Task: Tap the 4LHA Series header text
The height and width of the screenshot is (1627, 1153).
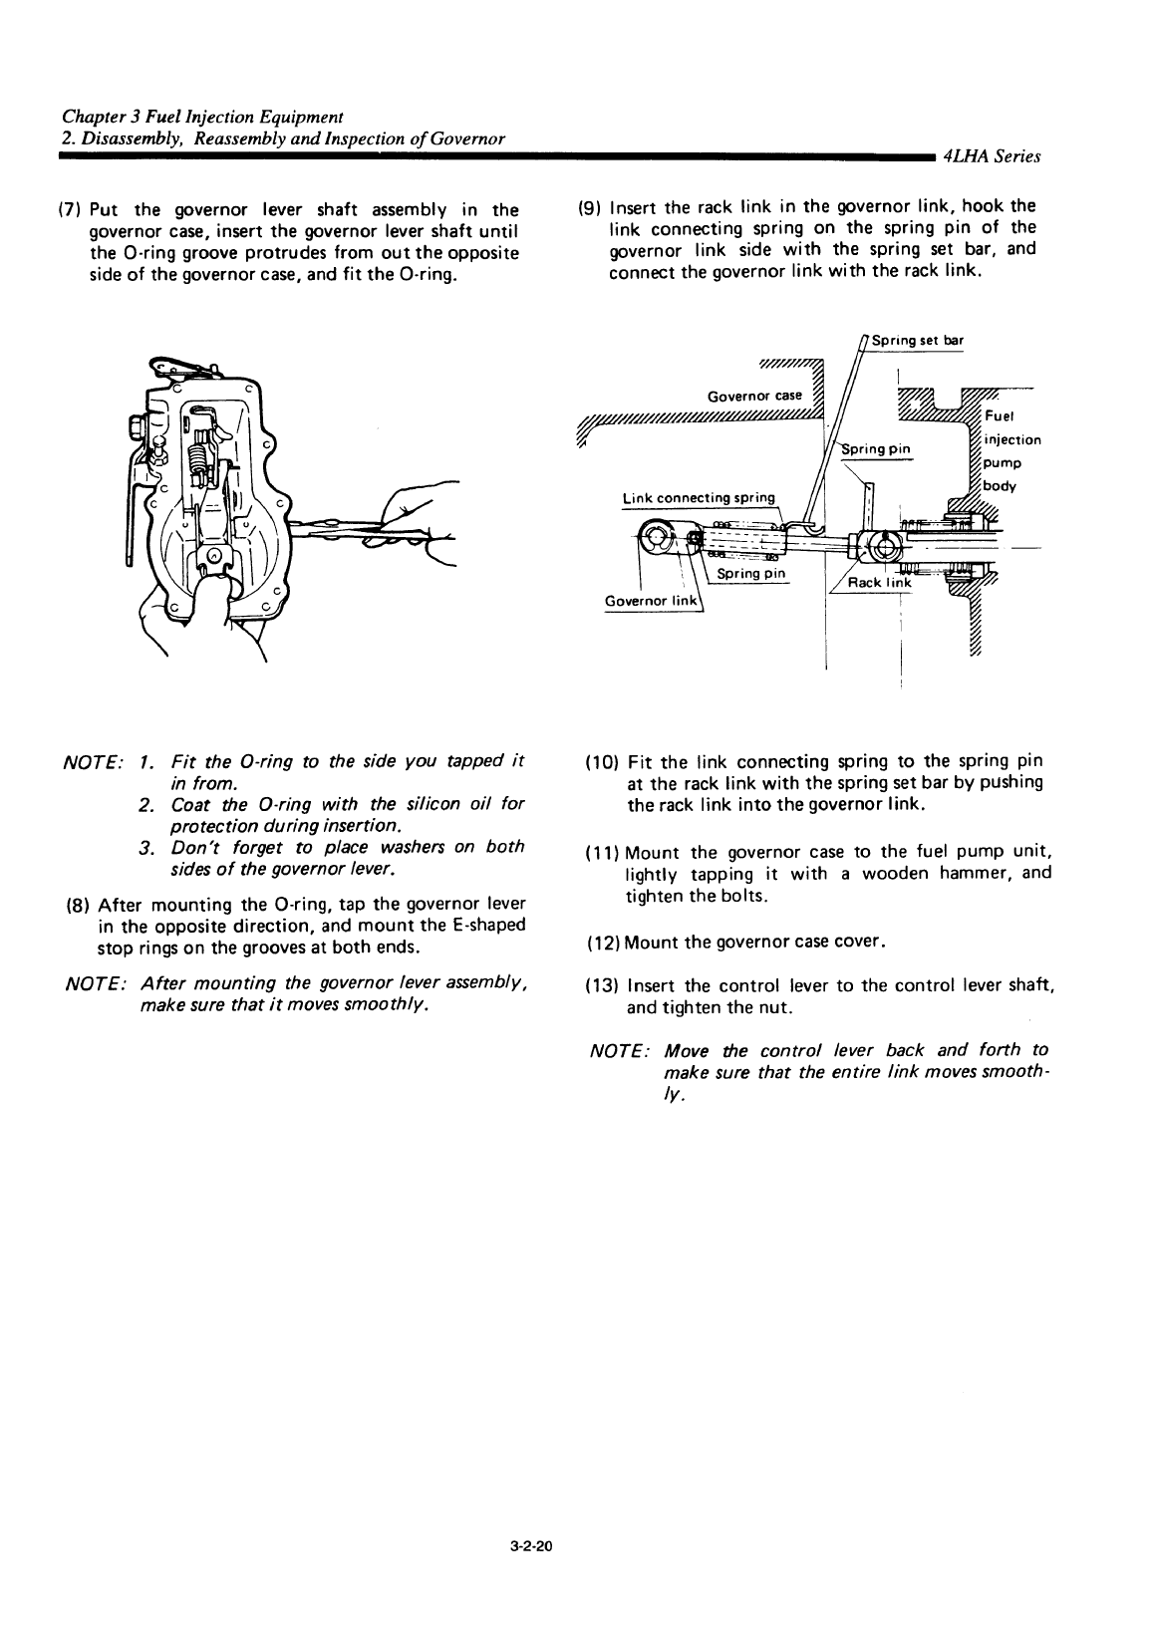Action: (x=991, y=156)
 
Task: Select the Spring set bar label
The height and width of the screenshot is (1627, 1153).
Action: (x=918, y=340)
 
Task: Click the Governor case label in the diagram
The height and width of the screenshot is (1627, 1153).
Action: (x=754, y=396)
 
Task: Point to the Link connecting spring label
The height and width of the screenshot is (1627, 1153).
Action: (x=699, y=498)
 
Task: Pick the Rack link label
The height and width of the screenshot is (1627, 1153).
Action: (x=879, y=583)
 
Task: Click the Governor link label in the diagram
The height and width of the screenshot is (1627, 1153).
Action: (x=650, y=601)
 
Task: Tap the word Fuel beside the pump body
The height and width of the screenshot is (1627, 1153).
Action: (x=999, y=416)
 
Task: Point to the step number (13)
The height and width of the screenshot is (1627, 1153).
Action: (x=602, y=985)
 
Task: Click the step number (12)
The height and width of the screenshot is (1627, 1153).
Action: (x=603, y=943)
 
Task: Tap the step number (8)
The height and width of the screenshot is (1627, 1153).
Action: (x=78, y=906)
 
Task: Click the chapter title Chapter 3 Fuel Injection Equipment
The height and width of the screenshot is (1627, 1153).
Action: (x=202, y=117)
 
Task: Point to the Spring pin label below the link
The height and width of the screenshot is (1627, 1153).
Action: (x=751, y=573)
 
